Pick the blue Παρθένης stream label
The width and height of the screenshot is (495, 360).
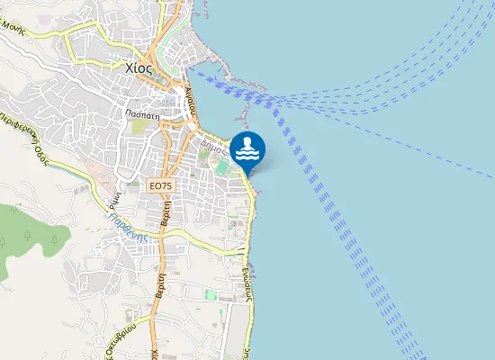129,219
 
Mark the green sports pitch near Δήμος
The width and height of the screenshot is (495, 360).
221,166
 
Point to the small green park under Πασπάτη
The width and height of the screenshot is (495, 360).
138,129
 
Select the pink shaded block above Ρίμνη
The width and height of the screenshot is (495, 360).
100,171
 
